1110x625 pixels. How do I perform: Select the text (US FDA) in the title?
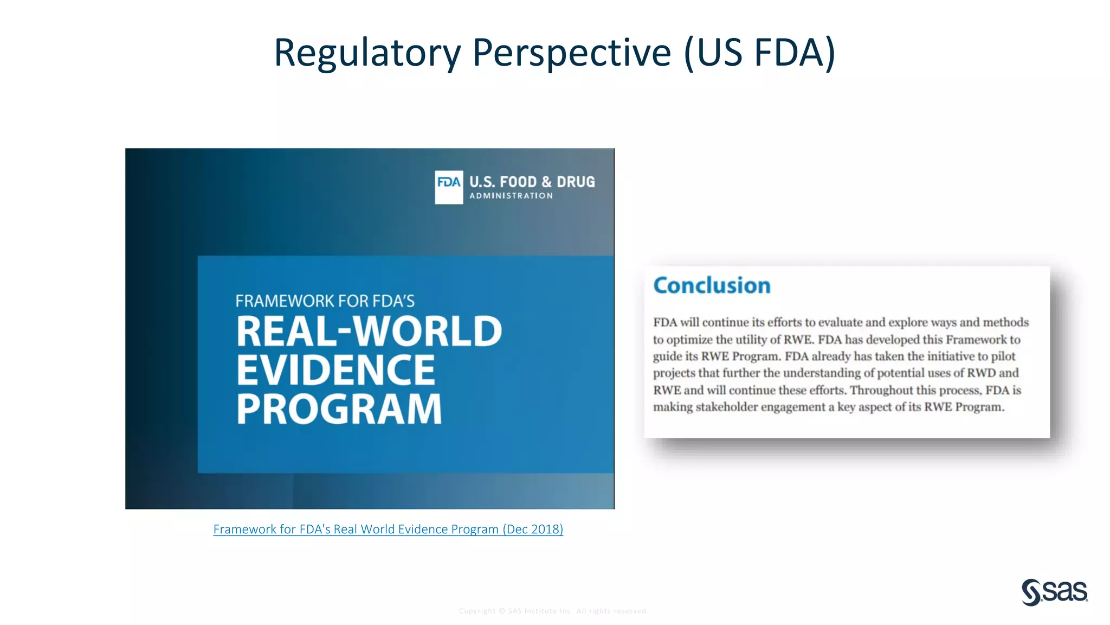[x=759, y=53]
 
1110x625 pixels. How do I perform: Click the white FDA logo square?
[x=449, y=187]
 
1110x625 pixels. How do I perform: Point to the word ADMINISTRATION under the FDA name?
[x=511, y=196]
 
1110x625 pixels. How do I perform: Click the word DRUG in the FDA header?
[x=576, y=182]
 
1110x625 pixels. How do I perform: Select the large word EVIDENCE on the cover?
[x=335, y=370]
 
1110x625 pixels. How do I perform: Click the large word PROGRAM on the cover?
[x=339, y=409]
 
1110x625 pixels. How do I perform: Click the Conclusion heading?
[x=712, y=285]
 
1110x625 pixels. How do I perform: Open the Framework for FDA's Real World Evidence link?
[x=356, y=529]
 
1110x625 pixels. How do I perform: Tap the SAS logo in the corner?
[x=1054, y=592]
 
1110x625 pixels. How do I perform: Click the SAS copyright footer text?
[x=553, y=611]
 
